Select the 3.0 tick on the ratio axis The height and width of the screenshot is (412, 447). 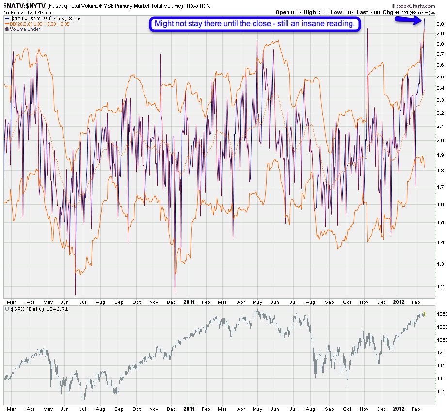pyautogui.click(x=440, y=24)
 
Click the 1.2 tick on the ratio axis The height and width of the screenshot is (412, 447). pyautogui.click(x=440, y=286)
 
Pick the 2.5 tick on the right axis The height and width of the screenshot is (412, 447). pyautogui.click(x=440, y=77)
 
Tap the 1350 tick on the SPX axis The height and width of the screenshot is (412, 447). pyautogui.click(x=440, y=314)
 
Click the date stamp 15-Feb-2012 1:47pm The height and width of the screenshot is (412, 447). pyautogui.click(x=28, y=12)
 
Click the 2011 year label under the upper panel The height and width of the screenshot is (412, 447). pyautogui.click(x=189, y=301)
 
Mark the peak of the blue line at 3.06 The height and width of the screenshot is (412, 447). pyautogui.click(x=425, y=19)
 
